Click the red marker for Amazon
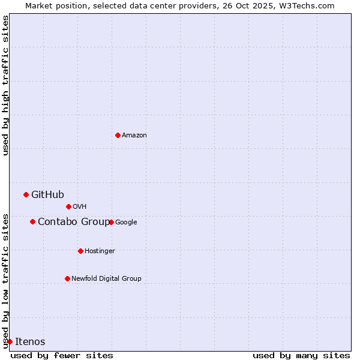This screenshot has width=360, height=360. [118, 135]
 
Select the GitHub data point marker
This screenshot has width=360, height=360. [26, 194]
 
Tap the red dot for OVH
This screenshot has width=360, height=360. [68, 206]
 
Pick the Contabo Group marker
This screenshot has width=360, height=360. [32, 221]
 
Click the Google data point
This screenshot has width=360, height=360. [112, 222]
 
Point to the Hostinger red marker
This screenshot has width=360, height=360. [80, 251]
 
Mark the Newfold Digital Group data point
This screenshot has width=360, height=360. [67, 278]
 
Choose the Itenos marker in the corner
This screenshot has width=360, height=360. [10, 341]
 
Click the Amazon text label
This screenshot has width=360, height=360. [134, 136]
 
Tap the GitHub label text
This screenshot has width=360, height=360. [47, 194]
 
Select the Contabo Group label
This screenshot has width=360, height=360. [74, 222]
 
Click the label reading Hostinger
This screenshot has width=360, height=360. [100, 251]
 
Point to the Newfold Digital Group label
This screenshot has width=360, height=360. [106, 278]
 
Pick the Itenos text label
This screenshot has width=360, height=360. [30, 342]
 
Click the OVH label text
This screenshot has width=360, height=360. [79, 207]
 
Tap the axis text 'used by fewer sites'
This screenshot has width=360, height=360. [62, 355]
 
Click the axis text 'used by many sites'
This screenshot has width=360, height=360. [301, 355]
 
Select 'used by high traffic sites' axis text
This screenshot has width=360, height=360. [5, 85]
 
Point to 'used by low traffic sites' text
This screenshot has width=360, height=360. [5, 280]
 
